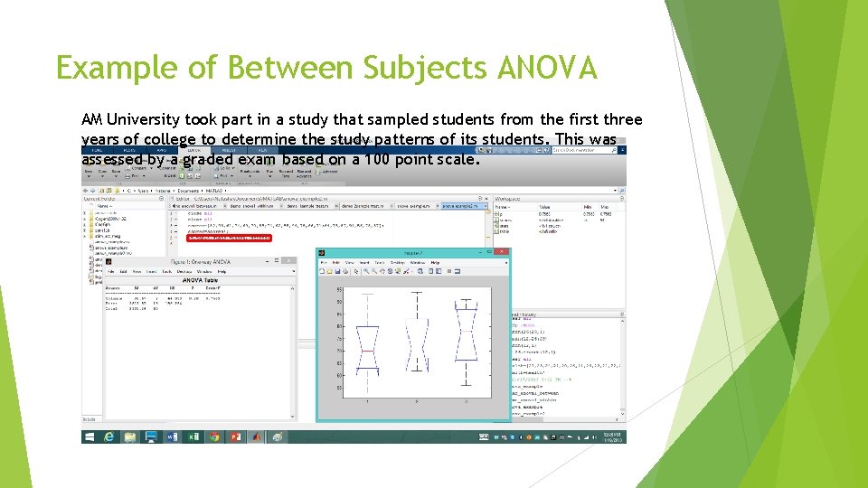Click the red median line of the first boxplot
367,347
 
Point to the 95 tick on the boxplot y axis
339,290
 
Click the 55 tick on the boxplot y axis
339,388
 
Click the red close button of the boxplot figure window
502,254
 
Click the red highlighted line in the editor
228,238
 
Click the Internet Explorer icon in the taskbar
109,436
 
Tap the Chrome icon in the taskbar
213,436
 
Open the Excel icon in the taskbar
193,436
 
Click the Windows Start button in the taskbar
89,436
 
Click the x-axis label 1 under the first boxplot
367,400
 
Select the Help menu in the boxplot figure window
435,263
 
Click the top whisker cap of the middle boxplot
416,293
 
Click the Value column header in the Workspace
548,206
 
